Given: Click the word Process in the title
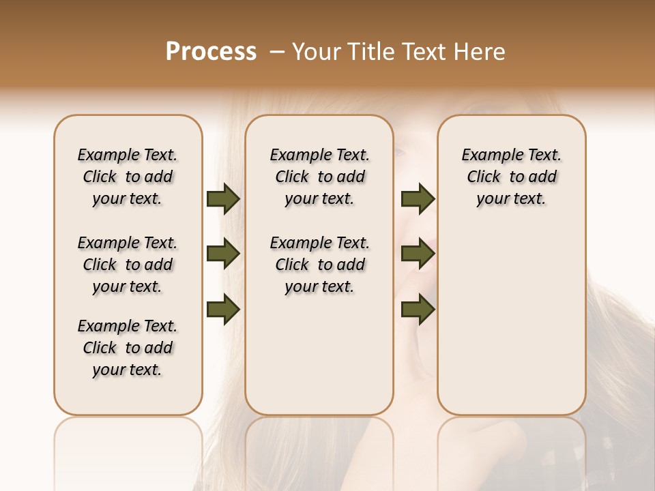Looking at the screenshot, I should pos(211,52).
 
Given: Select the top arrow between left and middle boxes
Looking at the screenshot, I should pos(223,199).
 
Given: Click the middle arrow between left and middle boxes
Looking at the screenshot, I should pos(223,254).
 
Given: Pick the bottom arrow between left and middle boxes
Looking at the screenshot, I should pos(223,310).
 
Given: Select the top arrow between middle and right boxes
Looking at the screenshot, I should pos(418,199).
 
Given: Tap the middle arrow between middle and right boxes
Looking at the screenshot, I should pos(418,254).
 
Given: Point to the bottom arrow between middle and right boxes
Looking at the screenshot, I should pos(418,310).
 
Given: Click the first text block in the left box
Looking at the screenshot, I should pos(128,177).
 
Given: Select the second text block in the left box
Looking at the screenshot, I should pos(128,265).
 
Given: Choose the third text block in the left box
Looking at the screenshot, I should pos(128,348).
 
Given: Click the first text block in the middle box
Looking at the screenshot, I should pos(319,177).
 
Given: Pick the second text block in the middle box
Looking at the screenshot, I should pos(319,265).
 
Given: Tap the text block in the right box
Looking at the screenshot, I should pos(511,177).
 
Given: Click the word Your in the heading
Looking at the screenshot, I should pos(317,52).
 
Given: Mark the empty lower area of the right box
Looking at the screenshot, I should pos(511,327).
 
